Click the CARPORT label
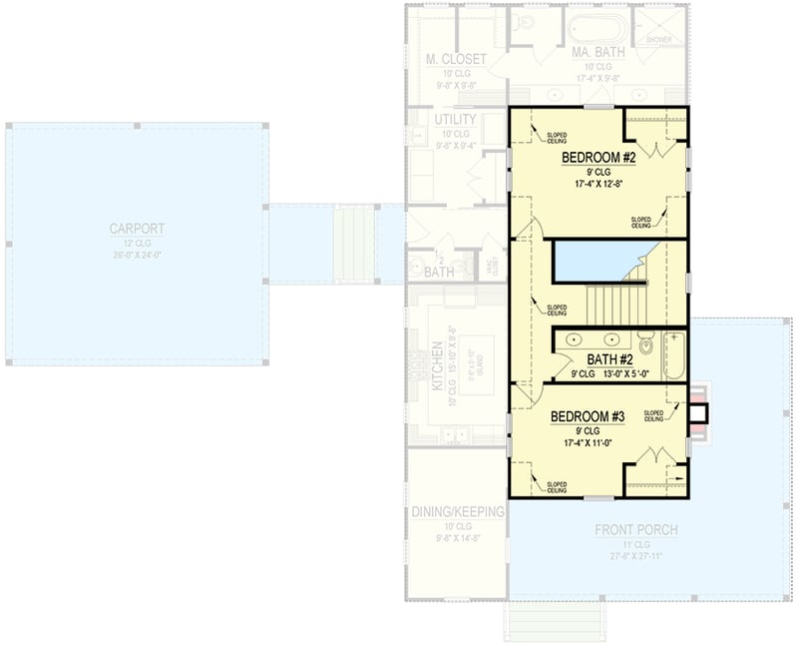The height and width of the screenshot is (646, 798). [x=137, y=229]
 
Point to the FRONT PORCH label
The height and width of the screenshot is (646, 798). [x=636, y=529]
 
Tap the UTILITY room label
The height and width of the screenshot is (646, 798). [x=455, y=120]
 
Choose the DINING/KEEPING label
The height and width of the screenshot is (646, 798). [x=458, y=512]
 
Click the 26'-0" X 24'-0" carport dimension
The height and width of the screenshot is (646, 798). [x=137, y=255]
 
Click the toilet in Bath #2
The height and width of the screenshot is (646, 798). [x=646, y=345]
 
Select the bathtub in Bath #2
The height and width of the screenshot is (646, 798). [x=675, y=354]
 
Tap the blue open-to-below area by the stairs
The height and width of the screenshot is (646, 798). [x=594, y=262]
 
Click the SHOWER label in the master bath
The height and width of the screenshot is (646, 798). [x=659, y=39]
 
